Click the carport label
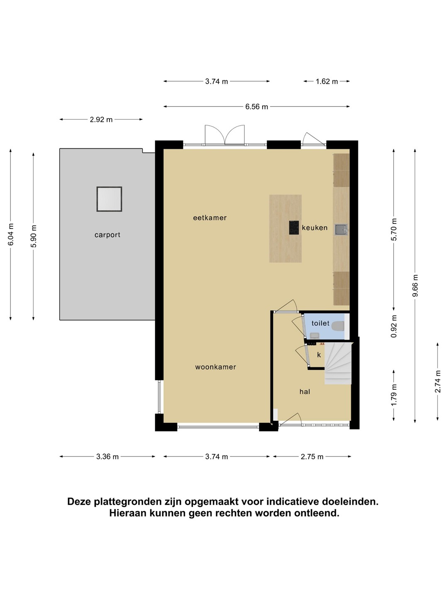(107, 235)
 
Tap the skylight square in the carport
(109, 199)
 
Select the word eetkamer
(210, 218)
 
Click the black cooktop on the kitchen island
(294, 227)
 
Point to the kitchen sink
(341, 229)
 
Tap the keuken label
(314, 228)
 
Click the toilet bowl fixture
(338, 326)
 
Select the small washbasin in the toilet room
(314, 335)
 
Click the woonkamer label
(215, 367)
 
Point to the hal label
(304, 392)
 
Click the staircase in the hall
(338, 363)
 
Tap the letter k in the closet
(319, 354)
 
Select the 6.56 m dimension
(256, 107)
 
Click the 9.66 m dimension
(415, 286)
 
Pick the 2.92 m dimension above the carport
(101, 119)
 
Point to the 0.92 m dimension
(394, 326)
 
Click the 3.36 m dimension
(107, 456)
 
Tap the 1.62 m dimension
(327, 81)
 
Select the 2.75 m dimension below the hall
(312, 456)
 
